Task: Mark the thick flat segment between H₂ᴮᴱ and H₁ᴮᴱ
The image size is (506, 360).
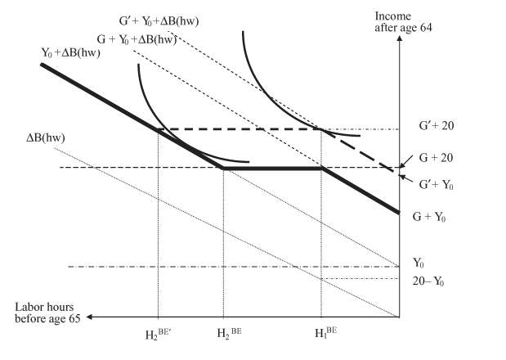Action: coord(272,169)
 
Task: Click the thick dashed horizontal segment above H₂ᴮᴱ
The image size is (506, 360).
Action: coord(237,129)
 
